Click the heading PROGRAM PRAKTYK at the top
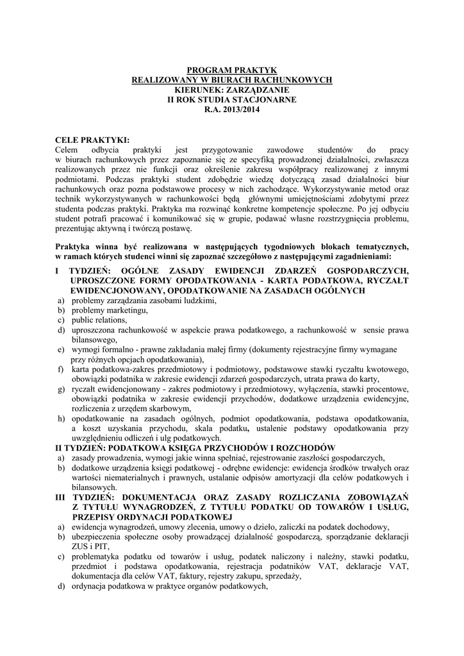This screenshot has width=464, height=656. (231, 70)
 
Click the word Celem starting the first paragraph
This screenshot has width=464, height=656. (69, 149)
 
